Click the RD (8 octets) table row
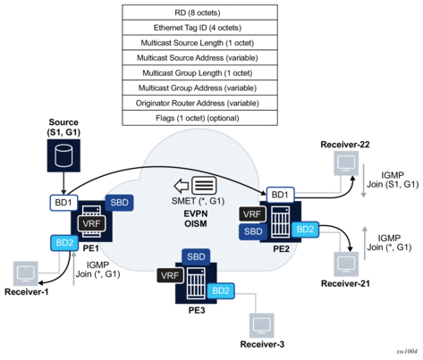click(x=199, y=13)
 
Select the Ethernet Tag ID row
click(x=199, y=28)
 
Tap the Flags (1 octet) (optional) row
click(x=199, y=118)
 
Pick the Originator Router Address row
click(x=199, y=103)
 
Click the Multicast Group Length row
click(x=199, y=73)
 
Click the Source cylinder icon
click(x=63, y=155)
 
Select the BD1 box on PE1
click(x=63, y=203)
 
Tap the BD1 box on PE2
click(x=280, y=195)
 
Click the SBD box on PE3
click(x=196, y=256)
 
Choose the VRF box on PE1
click(x=91, y=223)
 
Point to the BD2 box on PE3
click(x=221, y=290)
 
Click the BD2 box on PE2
click(x=305, y=230)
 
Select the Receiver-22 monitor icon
click(x=346, y=163)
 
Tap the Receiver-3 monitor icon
click(x=262, y=325)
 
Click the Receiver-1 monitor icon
click(x=26, y=273)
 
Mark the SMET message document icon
click(x=204, y=186)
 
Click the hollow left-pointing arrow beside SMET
click(x=182, y=186)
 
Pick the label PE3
click(x=197, y=310)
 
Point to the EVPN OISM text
click(x=196, y=219)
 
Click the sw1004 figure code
click(x=407, y=352)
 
